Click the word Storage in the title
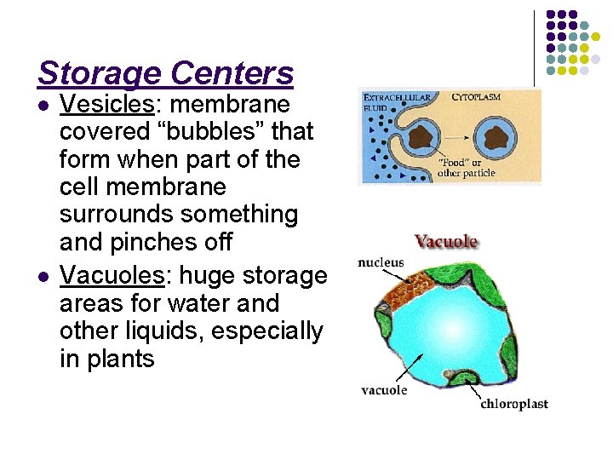tap(101, 74)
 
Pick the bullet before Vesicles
tap(44, 106)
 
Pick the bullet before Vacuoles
tap(44, 276)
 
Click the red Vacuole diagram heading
tap(446, 242)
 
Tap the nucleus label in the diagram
tap(381, 262)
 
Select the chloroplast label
tap(513, 404)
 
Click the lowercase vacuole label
tap(384, 390)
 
